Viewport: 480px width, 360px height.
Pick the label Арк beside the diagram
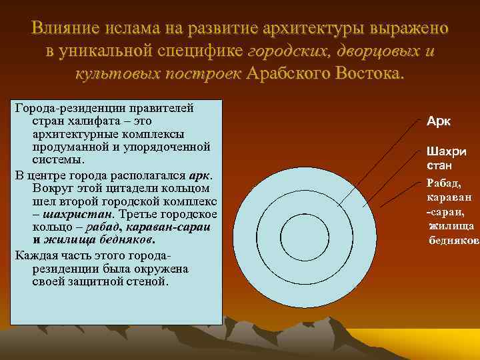[x=439, y=121]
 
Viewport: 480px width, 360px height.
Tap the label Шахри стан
[x=445, y=157]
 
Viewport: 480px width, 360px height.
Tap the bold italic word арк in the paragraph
[x=200, y=175]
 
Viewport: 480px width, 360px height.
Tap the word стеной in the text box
[x=147, y=281]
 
